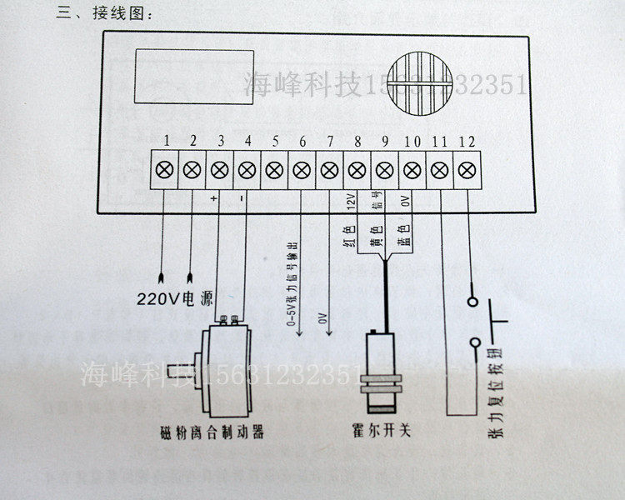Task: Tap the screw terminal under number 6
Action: click(x=301, y=169)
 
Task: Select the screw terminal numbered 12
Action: click(x=465, y=169)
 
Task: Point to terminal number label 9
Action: click(x=385, y=142)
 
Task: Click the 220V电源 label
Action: click(x=176, y=297)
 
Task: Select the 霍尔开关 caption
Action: click(x=382, y=433)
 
